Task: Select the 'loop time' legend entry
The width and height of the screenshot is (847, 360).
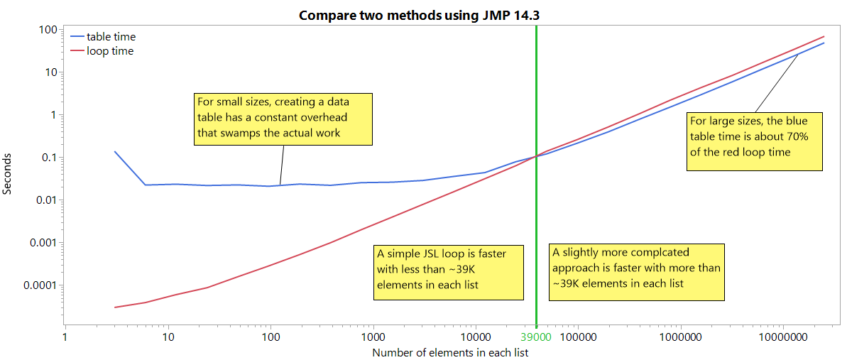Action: [x=109, y=51]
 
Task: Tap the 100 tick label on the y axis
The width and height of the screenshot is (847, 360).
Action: [x=47, y=30]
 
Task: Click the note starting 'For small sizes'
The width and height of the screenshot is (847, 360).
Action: [x=283, y=119]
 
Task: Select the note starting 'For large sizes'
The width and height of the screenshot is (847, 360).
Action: [x=754, y=141]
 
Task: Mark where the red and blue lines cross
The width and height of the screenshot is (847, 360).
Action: [x=536, y=156]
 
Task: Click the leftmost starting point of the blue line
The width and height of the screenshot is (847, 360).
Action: [x=115, y=151]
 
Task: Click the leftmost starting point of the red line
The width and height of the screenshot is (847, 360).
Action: [x=115, y=307]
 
